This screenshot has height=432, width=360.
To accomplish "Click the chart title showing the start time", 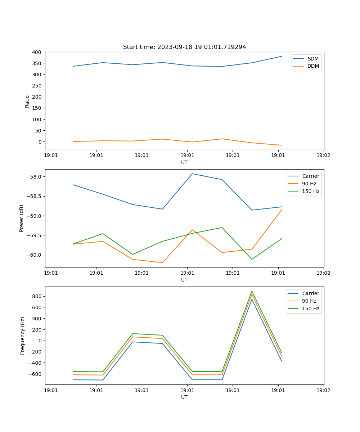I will point(184,47).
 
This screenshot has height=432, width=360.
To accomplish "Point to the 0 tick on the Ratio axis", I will point(40,142).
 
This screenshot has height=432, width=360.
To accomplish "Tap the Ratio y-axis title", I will point(27,101).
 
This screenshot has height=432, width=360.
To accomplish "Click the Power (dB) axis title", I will point(22,218).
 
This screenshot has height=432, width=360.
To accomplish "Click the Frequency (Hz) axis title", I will point(23,336).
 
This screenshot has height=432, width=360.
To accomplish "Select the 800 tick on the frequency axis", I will point(37,296).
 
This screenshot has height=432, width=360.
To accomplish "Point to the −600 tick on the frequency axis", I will point(36,374).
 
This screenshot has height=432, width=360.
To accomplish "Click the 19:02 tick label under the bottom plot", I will point(323,390).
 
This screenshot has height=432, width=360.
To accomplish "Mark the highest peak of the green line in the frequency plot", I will point(252,291).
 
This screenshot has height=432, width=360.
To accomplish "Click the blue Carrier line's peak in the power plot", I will point(192,174).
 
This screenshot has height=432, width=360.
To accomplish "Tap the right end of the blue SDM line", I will point(282,56).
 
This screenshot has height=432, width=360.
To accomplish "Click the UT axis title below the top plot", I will point(184,162).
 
